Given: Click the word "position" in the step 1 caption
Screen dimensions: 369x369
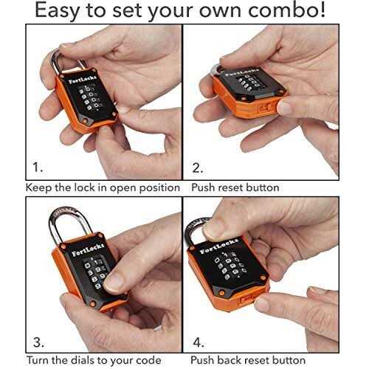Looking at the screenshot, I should (156, 187).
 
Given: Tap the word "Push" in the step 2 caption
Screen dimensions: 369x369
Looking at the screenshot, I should (204, 187).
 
